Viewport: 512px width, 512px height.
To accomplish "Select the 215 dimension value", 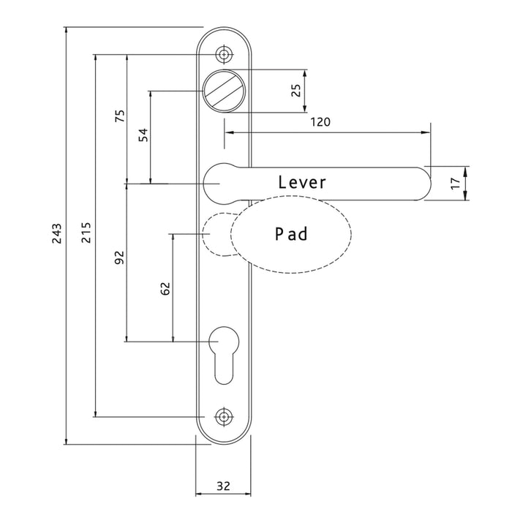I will coord(87,236).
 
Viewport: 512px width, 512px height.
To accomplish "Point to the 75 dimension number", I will coord(120,117).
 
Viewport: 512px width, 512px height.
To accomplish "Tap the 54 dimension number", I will coord(144,135).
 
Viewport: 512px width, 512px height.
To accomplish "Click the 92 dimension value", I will coord(120,257).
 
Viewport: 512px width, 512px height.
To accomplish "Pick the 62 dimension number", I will coord(165,288).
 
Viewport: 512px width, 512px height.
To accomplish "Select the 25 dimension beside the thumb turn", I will coord(295,91).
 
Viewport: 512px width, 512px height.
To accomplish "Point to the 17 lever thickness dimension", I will coord(455,183).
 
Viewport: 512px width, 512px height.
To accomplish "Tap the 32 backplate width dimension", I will coord(223,485).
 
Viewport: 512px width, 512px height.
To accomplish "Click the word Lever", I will coord(301,182).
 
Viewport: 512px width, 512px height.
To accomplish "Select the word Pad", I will coord(291,234).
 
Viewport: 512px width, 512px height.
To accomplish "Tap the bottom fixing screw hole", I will coord(223,417).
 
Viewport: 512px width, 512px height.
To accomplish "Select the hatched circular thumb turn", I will coord(223,91).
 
